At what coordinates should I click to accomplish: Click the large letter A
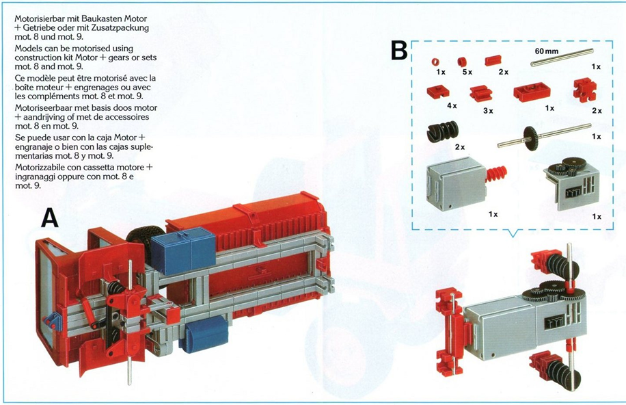50,219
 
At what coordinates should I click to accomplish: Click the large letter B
399,51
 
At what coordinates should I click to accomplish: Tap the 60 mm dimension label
547,51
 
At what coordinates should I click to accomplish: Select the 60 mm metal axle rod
562,57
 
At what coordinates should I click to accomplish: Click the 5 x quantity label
467,73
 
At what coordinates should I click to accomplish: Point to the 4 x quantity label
452,106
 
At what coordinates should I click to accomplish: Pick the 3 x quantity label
488,111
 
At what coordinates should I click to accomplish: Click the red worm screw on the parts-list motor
496,174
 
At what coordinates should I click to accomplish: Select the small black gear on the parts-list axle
530,138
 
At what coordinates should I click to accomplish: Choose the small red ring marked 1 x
435,62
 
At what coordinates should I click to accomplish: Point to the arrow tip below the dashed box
513,237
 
